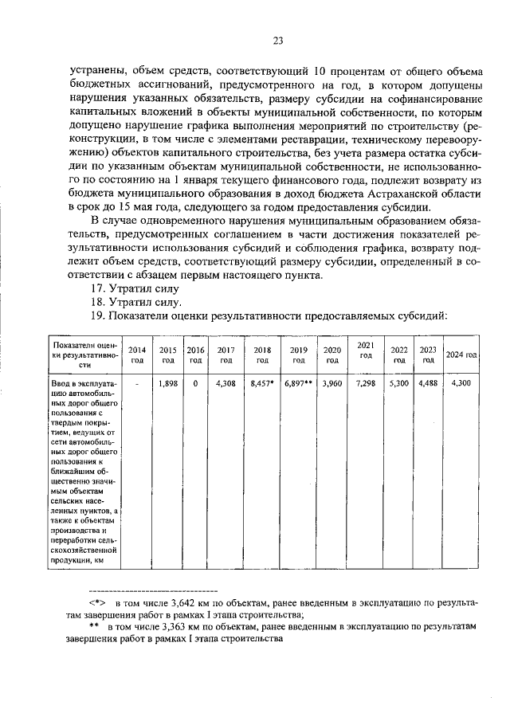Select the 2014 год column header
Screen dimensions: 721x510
(x=137, y=355)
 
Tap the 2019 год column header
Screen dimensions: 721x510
(x=299, y=355)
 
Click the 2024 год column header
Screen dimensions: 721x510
(x=461, y=355)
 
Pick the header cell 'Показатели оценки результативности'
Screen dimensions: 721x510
(x=80, y=355)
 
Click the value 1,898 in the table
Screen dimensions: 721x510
(x=167, y=384)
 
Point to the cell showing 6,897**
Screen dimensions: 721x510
(x=299, y=384)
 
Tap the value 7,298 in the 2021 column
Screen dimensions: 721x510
(x=366, y=384)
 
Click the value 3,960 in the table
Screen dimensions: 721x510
(x=331, y=384)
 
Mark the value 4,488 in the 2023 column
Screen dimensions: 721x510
(x=428, y=384)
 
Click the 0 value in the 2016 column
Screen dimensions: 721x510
(x=194, y=384)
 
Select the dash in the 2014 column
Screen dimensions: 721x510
(x=137, y=384)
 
